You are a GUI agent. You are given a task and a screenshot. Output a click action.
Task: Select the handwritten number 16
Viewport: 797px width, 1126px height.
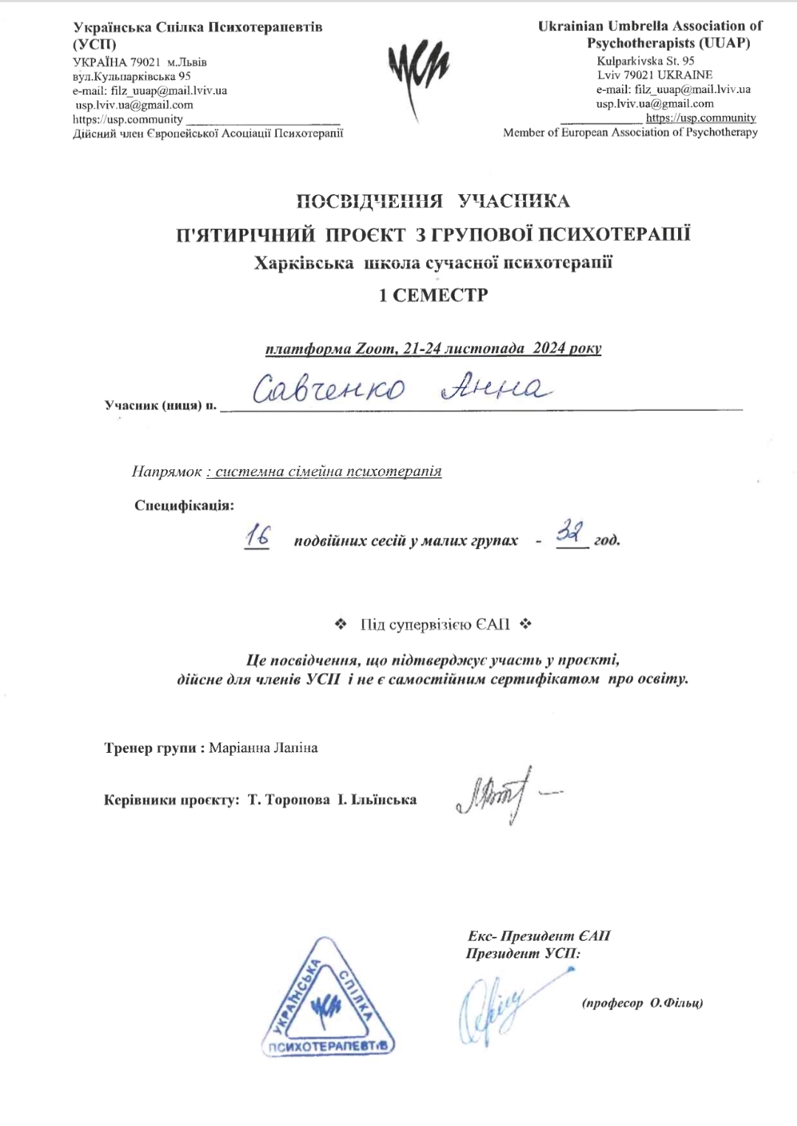point(257,538)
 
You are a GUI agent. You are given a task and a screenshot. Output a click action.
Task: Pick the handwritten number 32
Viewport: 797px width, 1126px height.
point(570,533)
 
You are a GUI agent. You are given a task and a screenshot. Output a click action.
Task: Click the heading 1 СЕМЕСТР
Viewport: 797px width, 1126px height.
point(434,295)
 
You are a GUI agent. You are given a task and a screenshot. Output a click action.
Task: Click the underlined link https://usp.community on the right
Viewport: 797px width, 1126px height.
point(701,118)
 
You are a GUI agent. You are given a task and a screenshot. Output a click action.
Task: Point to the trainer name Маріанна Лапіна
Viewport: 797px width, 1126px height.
point(264,748)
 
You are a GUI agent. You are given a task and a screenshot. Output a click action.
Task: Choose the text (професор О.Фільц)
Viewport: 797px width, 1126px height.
point(642,1003)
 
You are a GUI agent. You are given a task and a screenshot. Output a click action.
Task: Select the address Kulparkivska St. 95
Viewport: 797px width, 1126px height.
point(646,61)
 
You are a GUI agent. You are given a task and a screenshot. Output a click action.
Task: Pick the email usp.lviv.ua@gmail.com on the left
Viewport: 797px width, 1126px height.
point(134,105)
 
